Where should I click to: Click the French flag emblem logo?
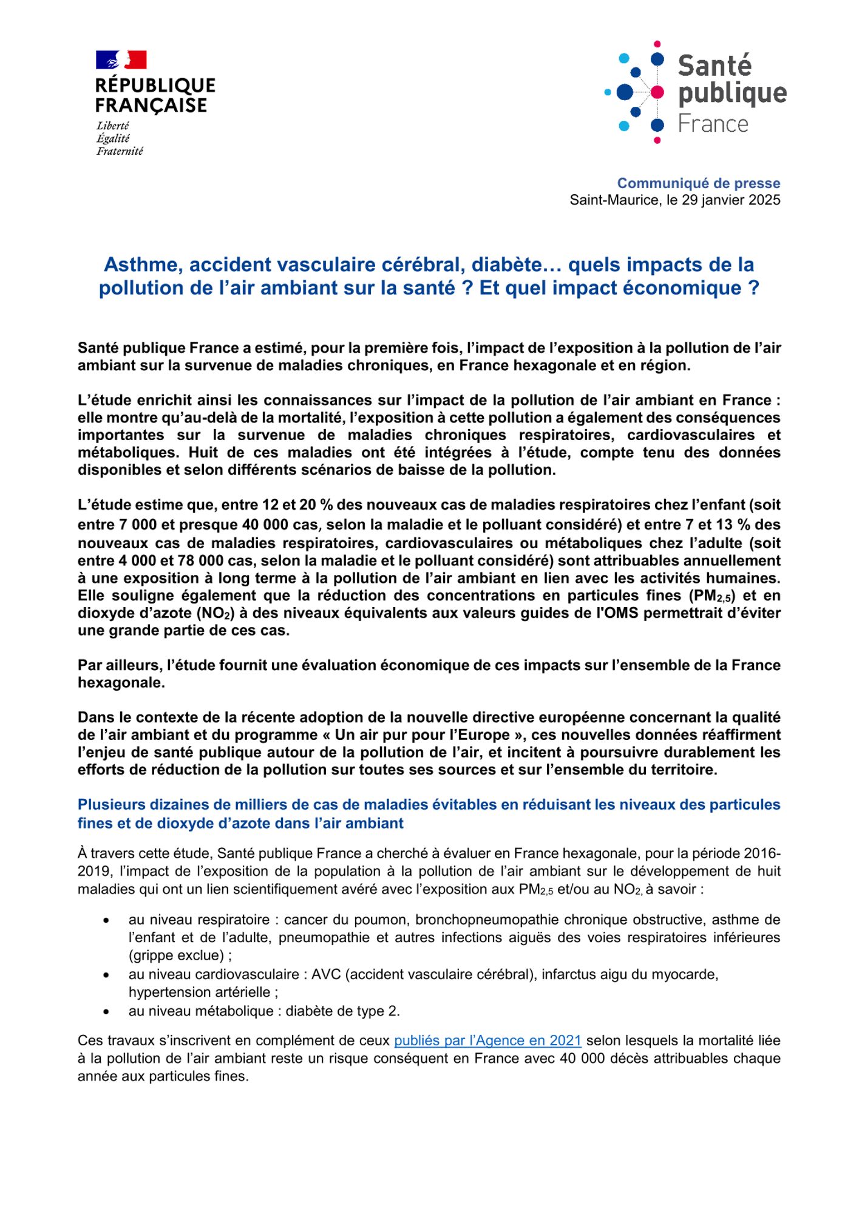coord(121,59)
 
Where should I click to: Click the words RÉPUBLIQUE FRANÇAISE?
coord(155,95)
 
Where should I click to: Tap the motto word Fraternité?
coord(120,151)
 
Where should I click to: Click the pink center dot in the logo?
coord(657,92)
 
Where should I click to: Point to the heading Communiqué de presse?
coord(698,183)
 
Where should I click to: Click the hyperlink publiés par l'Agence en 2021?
coord(487,1040)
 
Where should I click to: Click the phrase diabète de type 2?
coord(342,1011)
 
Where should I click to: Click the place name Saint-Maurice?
coord(613,200)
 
